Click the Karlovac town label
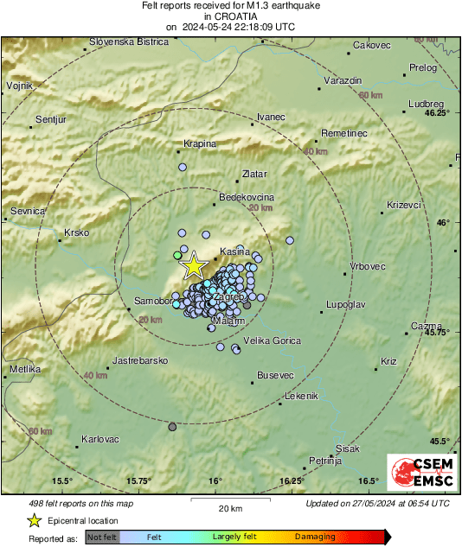pyautogui.click(x=99, y=439)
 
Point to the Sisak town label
pyautogui.click(x=347, y=448)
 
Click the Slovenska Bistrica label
pyautogui.click(x=128, y=41)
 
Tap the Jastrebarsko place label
pyautogui.click(x=139, y=359)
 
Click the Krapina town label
pyautogui.click(x=200, y=143)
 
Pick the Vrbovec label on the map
pyautogui.click(x=368, y=266)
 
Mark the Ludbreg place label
pyautogui.click(x=420, y=104)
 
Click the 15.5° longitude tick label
pyautogui.click(x=61, y=480)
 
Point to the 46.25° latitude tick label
pyautogui.click(x=438, y=113)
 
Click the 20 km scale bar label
pyautogui.click(x=230, y=508)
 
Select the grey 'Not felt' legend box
pyautogui.click(x=103, y=537)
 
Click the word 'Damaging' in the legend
pyautogui.click(x=315, y=537)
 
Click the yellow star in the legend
pyautogui.click(x=34, y=520)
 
